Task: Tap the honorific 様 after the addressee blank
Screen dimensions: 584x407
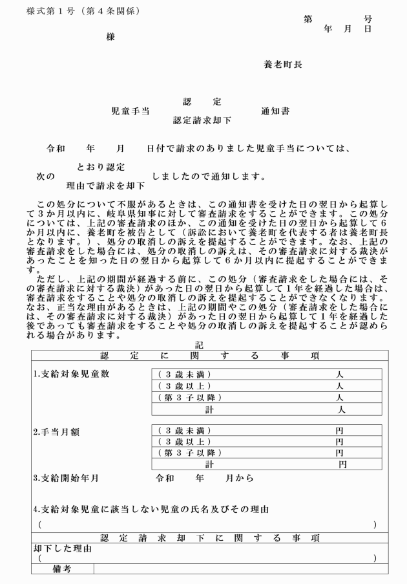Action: (x=110, y=37)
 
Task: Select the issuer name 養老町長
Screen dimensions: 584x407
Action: (x=282, y=65)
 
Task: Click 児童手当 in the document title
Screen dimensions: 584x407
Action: (x=130, y=111)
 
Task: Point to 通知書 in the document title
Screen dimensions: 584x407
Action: (x=275, y=111)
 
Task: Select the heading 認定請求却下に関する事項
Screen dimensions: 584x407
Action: (x=210, y=537)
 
